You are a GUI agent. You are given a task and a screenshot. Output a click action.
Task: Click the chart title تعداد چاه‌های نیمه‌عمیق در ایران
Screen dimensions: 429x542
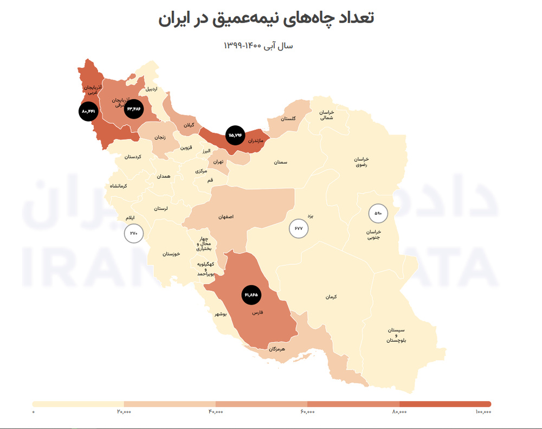(x=266, y=17)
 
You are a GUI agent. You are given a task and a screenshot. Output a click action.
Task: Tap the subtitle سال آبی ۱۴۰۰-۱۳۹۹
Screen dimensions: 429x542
(x=258, y=46)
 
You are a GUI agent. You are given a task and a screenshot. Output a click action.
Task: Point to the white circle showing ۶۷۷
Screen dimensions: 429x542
(x=298, y=228)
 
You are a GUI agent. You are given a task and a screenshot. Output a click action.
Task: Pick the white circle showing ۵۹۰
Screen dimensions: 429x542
(x=378, y=213)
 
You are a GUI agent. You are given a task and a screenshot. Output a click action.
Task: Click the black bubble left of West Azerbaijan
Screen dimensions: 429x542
(x=88, y=111)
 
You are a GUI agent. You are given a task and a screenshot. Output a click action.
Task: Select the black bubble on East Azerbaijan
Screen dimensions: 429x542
(x=134, y=109)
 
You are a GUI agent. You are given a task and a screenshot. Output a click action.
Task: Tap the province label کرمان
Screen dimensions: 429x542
(x=331, y=297)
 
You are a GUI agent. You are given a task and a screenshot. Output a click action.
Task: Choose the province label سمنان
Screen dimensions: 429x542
(x=280, y=162)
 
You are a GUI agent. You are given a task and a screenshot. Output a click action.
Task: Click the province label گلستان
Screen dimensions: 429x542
(x=289, y=119)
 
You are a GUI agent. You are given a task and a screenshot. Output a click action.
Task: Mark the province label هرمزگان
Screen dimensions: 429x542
(x=276, y=349)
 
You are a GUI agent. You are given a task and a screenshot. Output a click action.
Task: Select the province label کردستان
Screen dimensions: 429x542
(x=132, y=156)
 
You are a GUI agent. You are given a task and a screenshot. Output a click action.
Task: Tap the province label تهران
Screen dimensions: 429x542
(x=218, y=162)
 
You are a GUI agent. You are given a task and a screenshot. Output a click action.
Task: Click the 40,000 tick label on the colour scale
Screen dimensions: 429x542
(x=215, y=413)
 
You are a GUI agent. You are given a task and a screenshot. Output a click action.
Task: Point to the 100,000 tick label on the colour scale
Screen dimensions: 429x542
(x=483, y=413)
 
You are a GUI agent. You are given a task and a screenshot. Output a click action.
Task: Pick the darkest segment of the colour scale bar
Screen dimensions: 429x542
(x=445, y=404)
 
